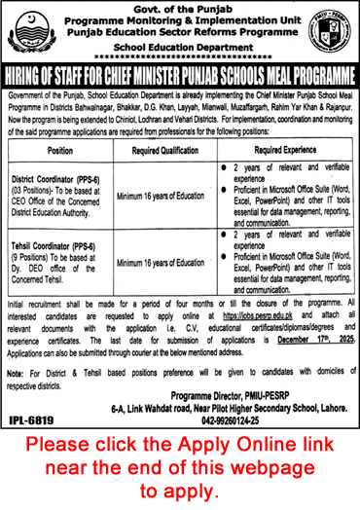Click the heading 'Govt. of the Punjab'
point(181,9)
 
